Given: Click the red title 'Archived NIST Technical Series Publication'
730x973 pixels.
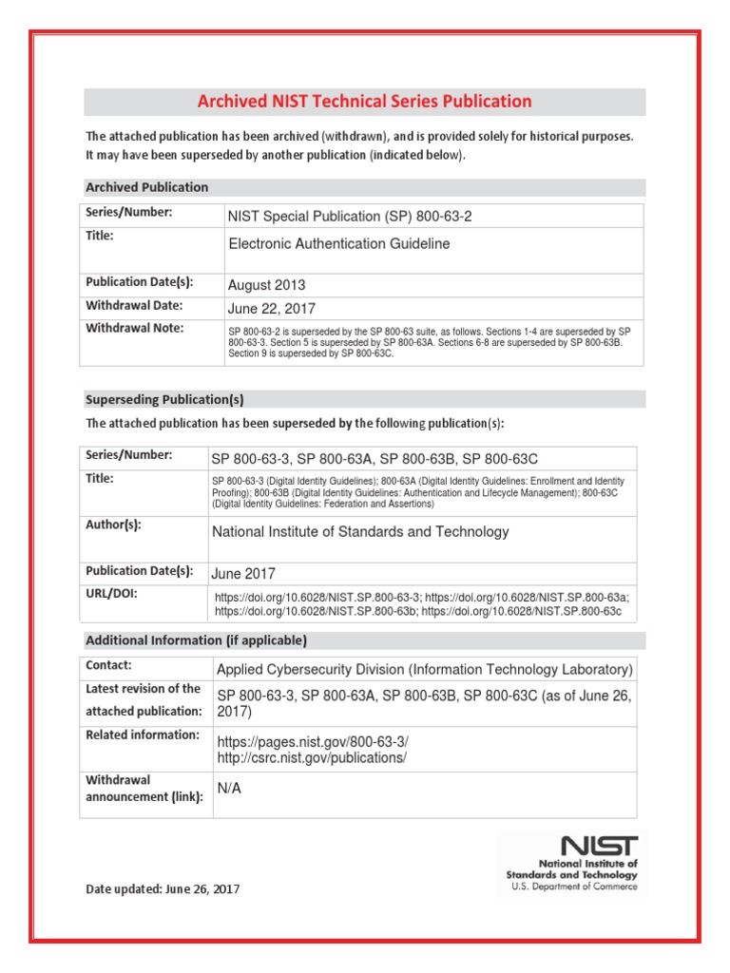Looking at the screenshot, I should [364, 102].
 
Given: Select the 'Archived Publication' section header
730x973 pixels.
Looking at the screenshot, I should [147, 187].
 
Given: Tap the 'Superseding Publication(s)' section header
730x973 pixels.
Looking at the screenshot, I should [171, 399].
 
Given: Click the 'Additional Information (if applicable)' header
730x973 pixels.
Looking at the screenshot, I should [196, 639].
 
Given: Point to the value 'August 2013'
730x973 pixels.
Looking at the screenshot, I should [267, 285].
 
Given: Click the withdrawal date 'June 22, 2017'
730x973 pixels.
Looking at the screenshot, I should [272, 308].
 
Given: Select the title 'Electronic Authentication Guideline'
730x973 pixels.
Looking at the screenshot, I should [339, 244].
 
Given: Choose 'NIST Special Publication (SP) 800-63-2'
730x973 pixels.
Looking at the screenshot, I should [350, 217].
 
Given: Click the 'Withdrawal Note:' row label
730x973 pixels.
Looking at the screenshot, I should [135, 328].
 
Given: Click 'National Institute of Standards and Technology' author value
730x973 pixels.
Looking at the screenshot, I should [360, 532].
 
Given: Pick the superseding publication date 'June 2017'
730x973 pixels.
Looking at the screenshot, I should [243, 574].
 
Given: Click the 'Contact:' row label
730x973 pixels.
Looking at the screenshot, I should [109, 666].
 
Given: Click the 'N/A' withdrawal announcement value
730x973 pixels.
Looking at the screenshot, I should [229, 789].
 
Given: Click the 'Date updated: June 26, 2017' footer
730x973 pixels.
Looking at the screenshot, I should [163, 889].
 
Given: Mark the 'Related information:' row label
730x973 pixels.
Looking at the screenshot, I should [143, 735].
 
